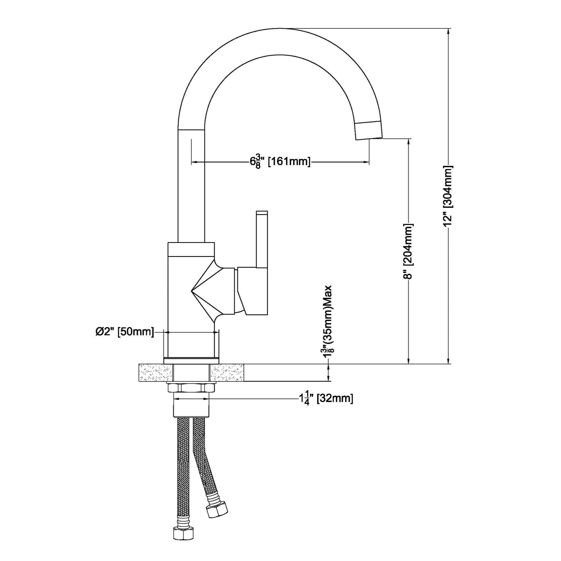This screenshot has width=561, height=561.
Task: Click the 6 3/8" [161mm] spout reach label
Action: point(280,162)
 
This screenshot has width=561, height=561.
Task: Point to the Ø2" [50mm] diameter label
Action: point(124,332)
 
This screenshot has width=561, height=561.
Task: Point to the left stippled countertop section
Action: point(156,372)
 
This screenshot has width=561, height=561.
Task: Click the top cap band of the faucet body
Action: point(191,249)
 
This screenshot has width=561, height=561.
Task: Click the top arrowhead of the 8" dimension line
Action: point(409,142)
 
